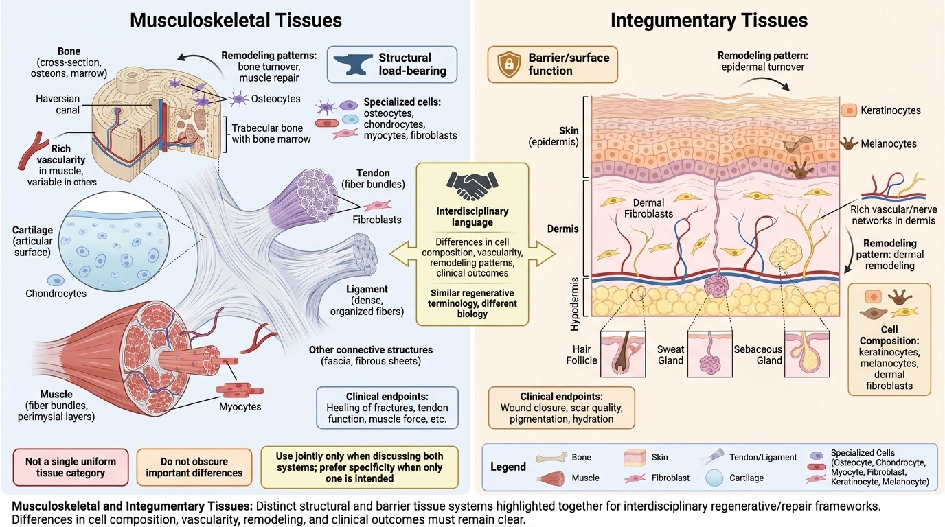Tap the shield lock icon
click(x=509, y=65)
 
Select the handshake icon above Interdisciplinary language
click(x=472, y=185)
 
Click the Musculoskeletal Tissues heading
click(x=236, y=20)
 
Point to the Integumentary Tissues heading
click(x=709, y=20)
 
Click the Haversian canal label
click(x=58, y=104)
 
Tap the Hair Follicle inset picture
click(x=623, y=353)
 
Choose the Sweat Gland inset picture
click(x=710, y=353)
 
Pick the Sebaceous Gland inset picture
click(x=807, y=353)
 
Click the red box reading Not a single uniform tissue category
click(x=71, y=467)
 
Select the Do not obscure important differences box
click(x=194, y=467)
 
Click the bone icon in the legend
click(x=551, y=458)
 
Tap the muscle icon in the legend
click(x=551, y=478)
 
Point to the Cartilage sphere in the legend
click(x=715, y=478)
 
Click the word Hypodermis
click(x=574, y=304)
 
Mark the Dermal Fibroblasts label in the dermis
click(x=648, y=209)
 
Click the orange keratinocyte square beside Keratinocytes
click(x=850, y=110)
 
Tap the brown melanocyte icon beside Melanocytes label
click(x=849, y=143)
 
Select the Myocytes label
click(x=240, y=407)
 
